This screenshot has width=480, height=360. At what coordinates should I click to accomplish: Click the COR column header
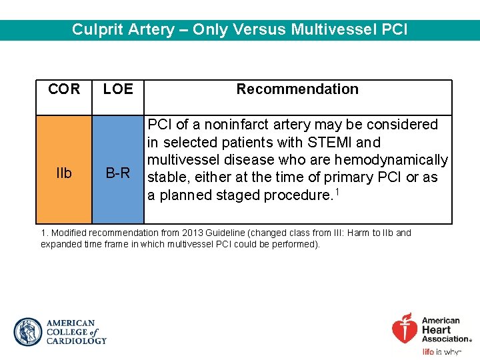click(64, 89)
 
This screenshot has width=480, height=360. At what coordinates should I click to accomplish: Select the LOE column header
click(118, 89)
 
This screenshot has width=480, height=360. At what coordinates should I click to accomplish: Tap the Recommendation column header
click(297, 89)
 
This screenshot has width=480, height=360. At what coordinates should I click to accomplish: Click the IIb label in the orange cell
click(64, 173)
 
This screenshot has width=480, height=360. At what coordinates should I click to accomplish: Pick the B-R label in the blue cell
click(118, 173)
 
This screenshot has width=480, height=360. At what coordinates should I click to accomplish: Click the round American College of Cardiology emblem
click(28, 332)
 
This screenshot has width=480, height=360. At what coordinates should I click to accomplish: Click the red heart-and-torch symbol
click(405, 328)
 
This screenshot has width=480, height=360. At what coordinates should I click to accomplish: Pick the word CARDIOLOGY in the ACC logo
click(76, 341)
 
